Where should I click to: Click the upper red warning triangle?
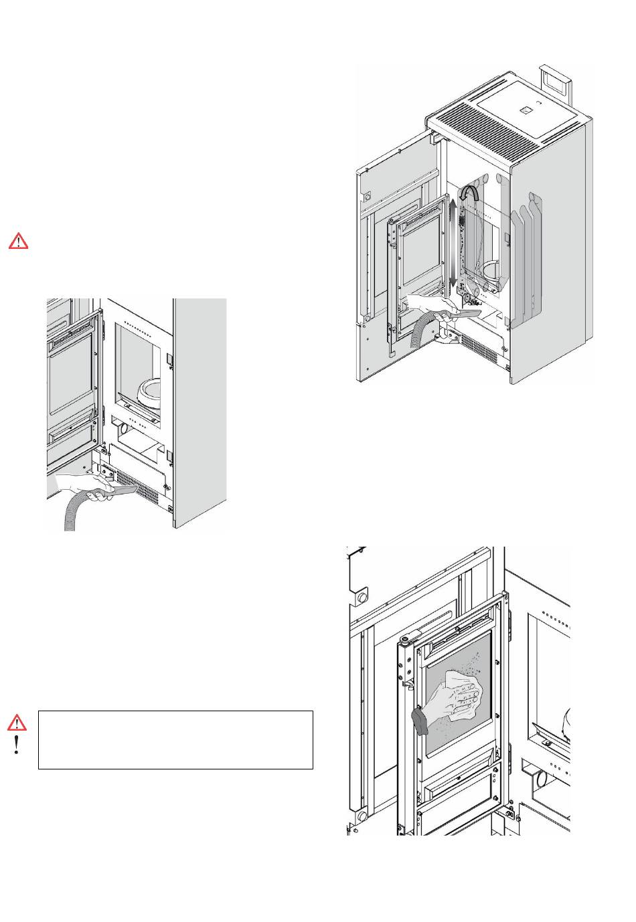19,241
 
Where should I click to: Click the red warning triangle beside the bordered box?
19,722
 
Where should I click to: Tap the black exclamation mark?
17,746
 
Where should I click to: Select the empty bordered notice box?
175,739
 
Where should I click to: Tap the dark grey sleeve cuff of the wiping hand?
420,722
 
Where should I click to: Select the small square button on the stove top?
528,108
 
